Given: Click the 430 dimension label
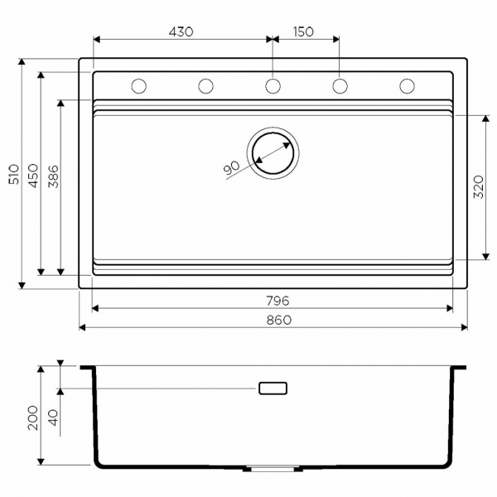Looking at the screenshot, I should [x=181, y=31].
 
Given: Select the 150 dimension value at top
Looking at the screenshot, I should [x=303, y=31].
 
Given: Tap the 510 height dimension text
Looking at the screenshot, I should [x=13, y=174].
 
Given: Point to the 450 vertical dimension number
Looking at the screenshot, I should [x=33, y=174].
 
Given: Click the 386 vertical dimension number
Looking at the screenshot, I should [x=53, y=177].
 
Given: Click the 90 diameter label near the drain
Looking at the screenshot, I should [x=232, y=167].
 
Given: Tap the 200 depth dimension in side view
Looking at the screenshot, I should [x=33, y=414].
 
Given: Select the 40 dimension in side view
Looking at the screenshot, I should [x=53, y=417].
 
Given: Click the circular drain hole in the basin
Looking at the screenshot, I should [x=273, y=153].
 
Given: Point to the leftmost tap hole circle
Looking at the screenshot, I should [x=138, y=85].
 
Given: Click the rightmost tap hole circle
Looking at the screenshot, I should [x=407, y=85].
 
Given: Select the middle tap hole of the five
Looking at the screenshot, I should [x=273, y=85].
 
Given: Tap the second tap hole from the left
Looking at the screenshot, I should [x=205, y=85].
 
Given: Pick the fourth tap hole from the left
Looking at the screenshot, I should [x=340, y=85].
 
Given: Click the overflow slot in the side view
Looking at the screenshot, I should [x=273, y=388].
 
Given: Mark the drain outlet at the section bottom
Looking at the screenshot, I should [x=273, y=469].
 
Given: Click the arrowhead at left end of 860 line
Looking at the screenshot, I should [x=83, y=328].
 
